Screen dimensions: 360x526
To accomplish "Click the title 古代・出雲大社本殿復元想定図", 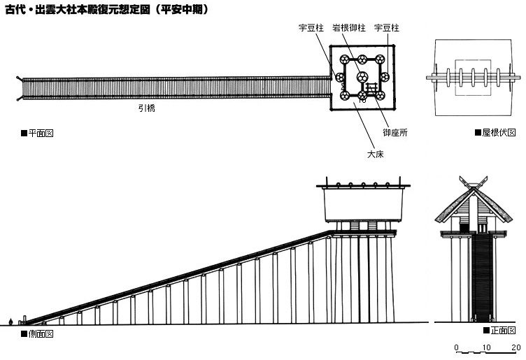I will (x=105, y=10).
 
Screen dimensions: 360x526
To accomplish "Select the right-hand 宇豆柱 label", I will (x=387, y=29).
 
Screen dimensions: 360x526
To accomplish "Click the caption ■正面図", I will (x=499, y=329).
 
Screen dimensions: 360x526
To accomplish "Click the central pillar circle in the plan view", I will (x=362, y=77).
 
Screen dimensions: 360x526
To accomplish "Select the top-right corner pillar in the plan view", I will (x=380, y=59).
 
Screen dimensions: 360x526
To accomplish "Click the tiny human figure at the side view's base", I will (x=10, y=321).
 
